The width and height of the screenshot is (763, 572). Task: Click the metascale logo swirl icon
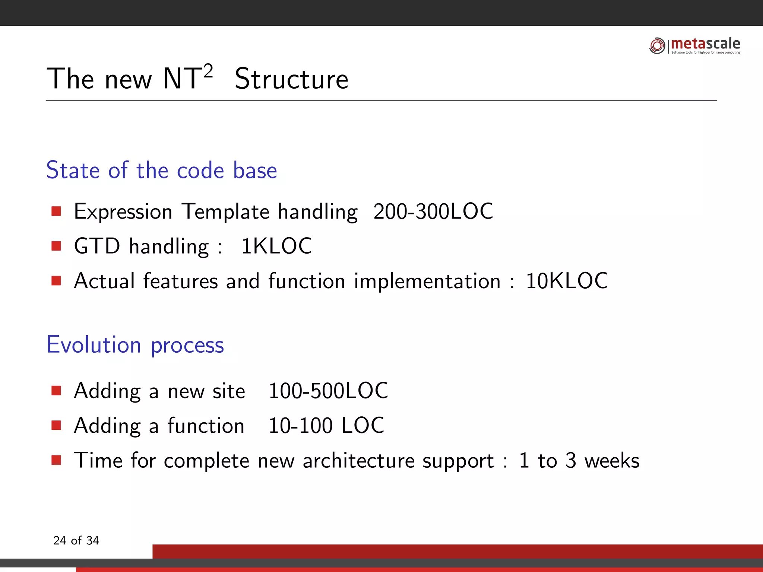point(657,46)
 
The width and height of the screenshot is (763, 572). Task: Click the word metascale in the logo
point(705,44)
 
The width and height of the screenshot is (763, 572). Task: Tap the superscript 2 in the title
point(208,71)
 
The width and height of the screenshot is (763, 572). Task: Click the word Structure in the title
point(291,79)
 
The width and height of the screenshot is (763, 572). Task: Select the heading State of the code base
point(161,171)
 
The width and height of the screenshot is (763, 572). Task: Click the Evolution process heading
point(135,345)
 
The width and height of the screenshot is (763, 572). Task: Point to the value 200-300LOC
point(433,212)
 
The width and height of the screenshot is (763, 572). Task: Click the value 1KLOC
point(276,246)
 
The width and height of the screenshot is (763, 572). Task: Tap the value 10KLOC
point(566,281)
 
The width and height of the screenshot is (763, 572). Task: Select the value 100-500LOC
point(328,391)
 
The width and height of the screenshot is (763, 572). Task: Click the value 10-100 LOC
point(326,425)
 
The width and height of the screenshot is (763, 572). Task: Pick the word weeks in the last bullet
point(612,461)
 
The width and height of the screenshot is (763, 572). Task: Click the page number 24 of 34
point(76,540)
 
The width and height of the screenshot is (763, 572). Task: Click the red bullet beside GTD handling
point(56,246)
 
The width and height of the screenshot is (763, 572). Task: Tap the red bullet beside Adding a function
point(56,425)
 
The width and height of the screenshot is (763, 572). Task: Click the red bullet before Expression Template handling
point(56,212)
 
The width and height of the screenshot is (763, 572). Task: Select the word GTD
point(97,246)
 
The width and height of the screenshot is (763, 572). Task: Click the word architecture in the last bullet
point(358,461)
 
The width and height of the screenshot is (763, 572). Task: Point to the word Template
point(225,212)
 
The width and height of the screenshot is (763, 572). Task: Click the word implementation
point(427,281)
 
